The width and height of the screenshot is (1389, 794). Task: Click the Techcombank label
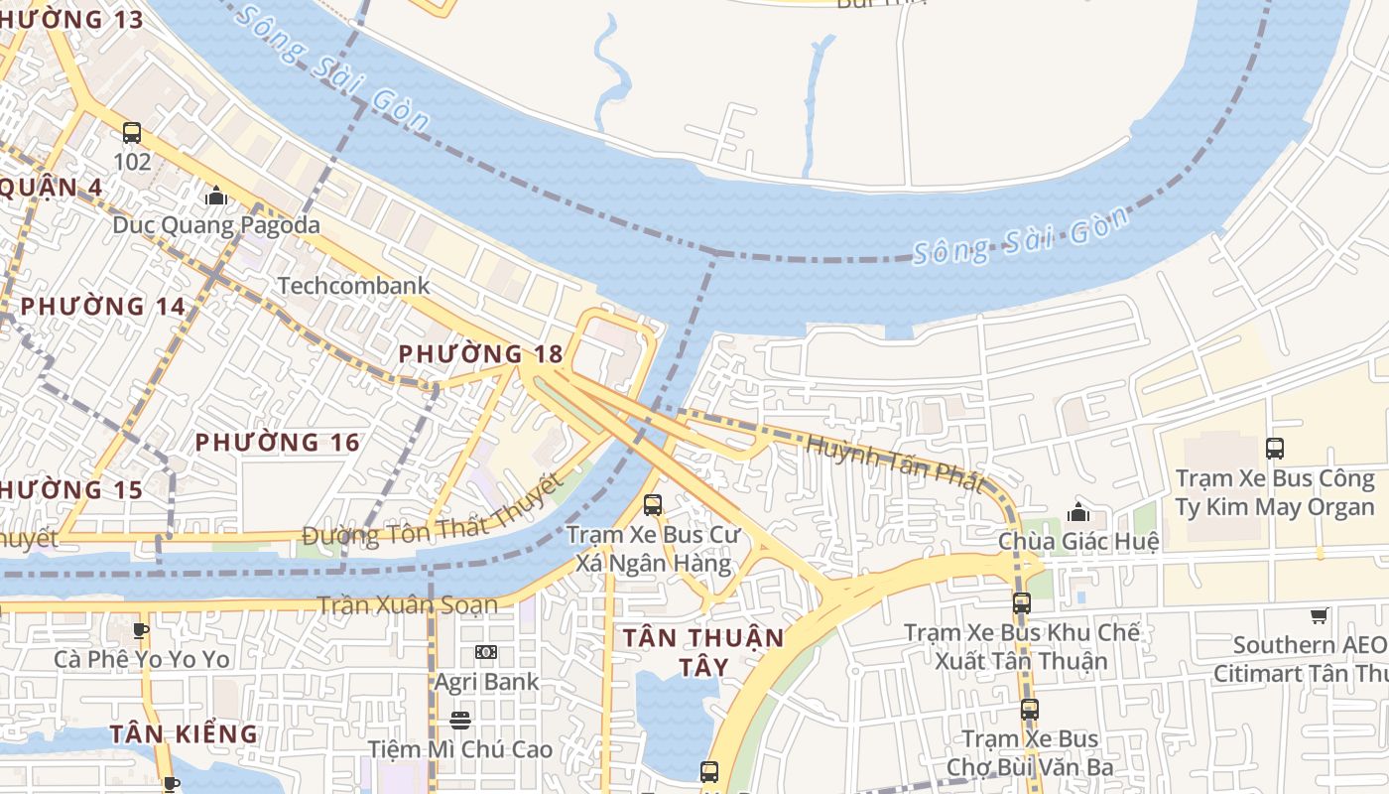(353, 286)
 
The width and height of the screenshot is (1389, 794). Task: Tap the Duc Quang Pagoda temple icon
(215, 197)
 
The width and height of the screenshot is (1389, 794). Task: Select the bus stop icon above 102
(132, 133)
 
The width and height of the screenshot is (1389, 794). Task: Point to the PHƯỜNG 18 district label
(480, 353)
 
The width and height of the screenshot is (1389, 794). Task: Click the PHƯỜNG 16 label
(277, 442)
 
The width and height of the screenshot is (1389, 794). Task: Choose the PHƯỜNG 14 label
(103, 306)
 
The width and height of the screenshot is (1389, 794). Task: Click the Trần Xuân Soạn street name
(407, 604)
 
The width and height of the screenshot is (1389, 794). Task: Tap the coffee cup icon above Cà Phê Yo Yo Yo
(141, 630)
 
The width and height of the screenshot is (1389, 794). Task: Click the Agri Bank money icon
(486, 652)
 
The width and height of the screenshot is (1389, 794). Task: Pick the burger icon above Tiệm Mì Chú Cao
(459, 720)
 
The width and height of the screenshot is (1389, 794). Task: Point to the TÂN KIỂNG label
(184, 733)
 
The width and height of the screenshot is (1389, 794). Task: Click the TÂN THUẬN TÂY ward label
(703, 651)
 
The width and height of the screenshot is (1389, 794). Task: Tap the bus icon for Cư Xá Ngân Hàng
(653, 504)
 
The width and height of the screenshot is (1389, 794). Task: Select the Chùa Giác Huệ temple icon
(1078, 512)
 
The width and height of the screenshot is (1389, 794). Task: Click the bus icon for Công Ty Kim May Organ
(1275, 449)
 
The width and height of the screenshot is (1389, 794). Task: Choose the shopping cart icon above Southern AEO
(1319, 615)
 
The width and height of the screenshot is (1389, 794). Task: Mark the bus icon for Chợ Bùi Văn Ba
(1030, 710)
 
